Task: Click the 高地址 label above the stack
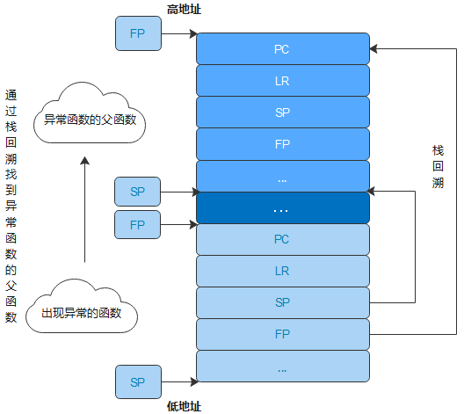(x=184, y=10)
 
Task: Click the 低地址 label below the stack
(x=184, y=406)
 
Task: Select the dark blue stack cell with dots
(x=283, y=207)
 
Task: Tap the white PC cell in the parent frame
(x=283, y=49)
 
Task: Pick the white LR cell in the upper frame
(x=283, y=81)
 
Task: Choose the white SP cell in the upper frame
(x=283, y=113)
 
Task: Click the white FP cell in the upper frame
(x=283, y=144)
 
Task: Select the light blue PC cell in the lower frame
(x=283, y=239)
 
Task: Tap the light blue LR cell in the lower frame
(x=283, y=271)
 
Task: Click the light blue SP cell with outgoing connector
(x=283, y=302)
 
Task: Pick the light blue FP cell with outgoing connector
(x=283, y=334)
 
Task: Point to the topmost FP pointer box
(x=138, y=33)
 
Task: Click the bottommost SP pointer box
(x=138, y=382)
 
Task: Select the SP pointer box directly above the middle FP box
(x=138, y=192)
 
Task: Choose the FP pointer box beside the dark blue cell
(x=138, y=225)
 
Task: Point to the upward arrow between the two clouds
(x=85, y=209)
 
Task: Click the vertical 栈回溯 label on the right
(x=438, y=167)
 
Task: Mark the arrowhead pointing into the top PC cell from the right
(x=373, y=49)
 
